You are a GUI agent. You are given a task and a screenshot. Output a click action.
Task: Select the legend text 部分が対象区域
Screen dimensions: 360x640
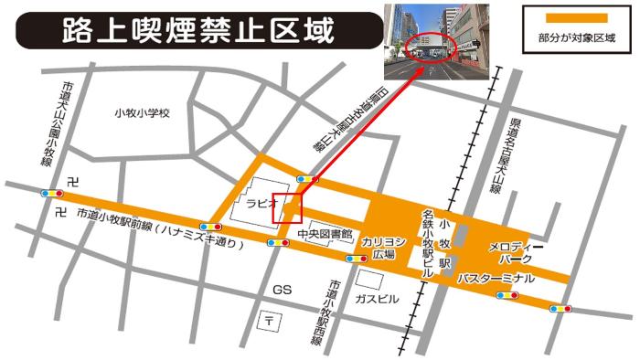tap(576, 37)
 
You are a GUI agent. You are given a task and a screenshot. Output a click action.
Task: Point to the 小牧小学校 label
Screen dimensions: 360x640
tap(143, 112)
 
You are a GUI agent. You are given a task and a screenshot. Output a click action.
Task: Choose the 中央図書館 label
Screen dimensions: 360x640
tap(325, 235)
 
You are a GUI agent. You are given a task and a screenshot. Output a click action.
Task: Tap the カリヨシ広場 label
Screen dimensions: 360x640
tap(378, 249)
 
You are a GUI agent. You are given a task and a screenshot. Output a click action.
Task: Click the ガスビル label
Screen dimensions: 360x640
tap(377, 299)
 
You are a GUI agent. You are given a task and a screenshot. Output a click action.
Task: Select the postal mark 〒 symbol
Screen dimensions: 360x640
tap(270, 320)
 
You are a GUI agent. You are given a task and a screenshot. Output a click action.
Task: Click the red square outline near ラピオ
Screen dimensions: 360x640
tap(287, 207)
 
